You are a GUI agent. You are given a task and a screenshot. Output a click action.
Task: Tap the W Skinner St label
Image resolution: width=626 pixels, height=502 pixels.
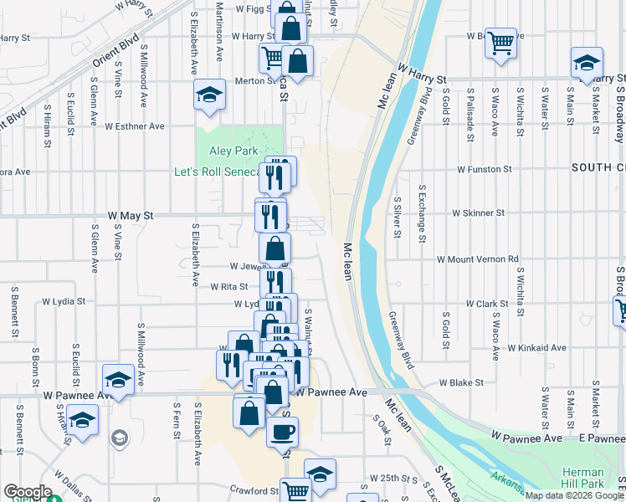(478, 213)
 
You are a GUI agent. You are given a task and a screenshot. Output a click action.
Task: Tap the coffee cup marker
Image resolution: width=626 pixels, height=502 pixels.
(281, 431)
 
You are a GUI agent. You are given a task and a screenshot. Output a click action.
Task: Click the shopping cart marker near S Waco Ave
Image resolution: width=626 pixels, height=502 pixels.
(500, 42)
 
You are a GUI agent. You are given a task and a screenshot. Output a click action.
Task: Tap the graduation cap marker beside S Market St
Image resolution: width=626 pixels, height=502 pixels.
(587, 62)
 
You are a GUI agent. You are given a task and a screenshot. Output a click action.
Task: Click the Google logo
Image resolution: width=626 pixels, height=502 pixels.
(28, 492)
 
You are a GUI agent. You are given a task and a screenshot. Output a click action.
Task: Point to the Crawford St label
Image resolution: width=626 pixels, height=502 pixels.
(254, 491)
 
